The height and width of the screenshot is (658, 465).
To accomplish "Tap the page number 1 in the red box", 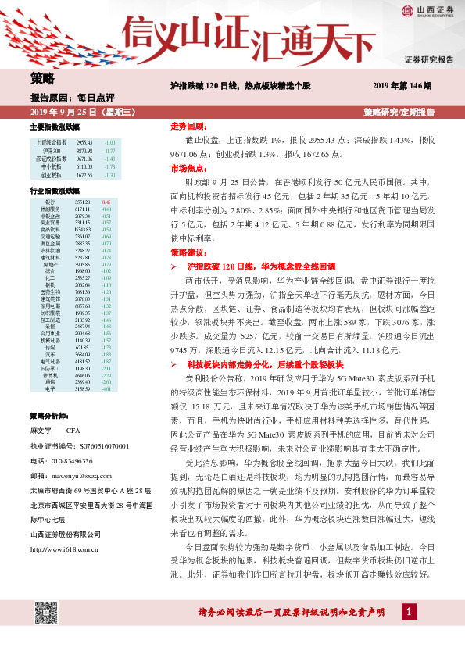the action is tap(409, 610).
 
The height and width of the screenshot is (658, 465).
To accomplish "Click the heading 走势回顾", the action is tap(188, 126).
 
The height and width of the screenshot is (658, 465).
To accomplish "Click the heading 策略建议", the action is tap(188, 253).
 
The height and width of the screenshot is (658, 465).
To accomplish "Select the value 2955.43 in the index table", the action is tap(84, 142).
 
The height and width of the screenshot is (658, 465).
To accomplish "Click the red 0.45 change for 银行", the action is tap(106, 202).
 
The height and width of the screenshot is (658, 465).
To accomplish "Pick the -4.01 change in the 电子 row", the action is tap(108, 388).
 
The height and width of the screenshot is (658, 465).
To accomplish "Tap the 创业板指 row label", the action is tap(52, 175).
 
